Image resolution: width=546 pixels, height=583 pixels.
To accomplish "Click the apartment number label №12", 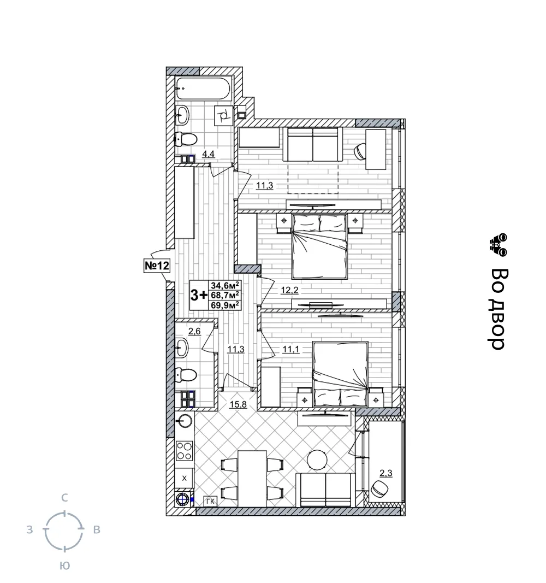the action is [156, 266].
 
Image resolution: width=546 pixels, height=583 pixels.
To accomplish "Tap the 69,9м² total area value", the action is [225, 305].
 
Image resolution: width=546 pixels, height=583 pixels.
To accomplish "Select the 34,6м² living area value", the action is [225, 285].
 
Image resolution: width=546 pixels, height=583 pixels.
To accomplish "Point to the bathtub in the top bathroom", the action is [204, 88].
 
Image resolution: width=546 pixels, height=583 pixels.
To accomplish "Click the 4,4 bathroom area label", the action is [209, 154].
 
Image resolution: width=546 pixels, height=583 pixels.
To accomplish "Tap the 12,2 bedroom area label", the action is [289, 290].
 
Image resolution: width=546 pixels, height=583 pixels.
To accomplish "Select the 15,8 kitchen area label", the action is [238, 404].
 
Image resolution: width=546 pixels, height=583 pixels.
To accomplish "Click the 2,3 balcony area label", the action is [386, 473].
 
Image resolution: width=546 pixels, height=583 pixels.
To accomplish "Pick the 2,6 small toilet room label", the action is [194, 331].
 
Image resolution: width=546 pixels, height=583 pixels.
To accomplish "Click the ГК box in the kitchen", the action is [210, 501].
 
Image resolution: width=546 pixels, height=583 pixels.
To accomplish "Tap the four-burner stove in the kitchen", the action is [184, 450].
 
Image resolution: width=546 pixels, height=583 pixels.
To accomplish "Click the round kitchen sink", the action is [184, 421].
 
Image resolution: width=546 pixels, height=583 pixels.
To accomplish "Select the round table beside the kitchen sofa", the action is [317, 460].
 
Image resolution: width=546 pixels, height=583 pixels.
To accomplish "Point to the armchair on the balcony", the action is [380, 488].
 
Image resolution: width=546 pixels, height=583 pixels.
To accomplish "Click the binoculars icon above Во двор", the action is [498, 245].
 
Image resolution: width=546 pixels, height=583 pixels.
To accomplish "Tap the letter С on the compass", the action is [64, 498].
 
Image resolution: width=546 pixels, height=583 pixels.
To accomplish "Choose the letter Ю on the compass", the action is [64, 566].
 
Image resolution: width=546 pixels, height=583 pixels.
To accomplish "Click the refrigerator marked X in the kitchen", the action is [184, 478].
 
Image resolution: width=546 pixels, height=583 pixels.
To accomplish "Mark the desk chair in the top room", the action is [360, 151].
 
